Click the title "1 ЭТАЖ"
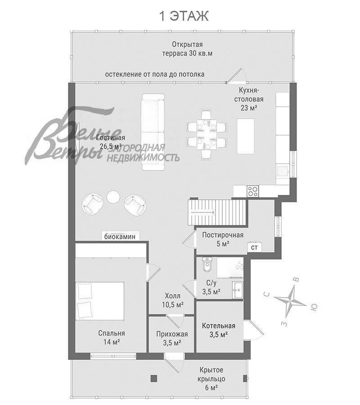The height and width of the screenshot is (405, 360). point(184,16)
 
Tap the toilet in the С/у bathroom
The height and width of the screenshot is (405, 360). point(207,265)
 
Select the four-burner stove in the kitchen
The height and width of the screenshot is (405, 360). point(252,191)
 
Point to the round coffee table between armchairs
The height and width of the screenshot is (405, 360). point(113,197)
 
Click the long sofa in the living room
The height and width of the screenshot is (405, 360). point(153,132)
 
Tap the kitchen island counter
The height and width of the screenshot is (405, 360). point(246,136)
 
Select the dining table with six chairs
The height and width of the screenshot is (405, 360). point(207,134)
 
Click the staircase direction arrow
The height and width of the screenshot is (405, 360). point(202,212)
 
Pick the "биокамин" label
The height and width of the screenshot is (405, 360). point(120,237)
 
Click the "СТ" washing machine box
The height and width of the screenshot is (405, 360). point(254,247)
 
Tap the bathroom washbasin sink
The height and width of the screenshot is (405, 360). point(238,290)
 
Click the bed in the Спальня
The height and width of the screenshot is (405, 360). point(100,301)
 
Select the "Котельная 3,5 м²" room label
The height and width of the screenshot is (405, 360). point(219,330)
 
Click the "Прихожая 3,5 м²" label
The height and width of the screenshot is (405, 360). point(172,338)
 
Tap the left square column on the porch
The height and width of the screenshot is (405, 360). point(154,378)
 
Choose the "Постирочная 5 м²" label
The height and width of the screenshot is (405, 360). point(223,239)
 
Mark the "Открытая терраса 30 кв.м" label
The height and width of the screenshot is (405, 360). point(188,49)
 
